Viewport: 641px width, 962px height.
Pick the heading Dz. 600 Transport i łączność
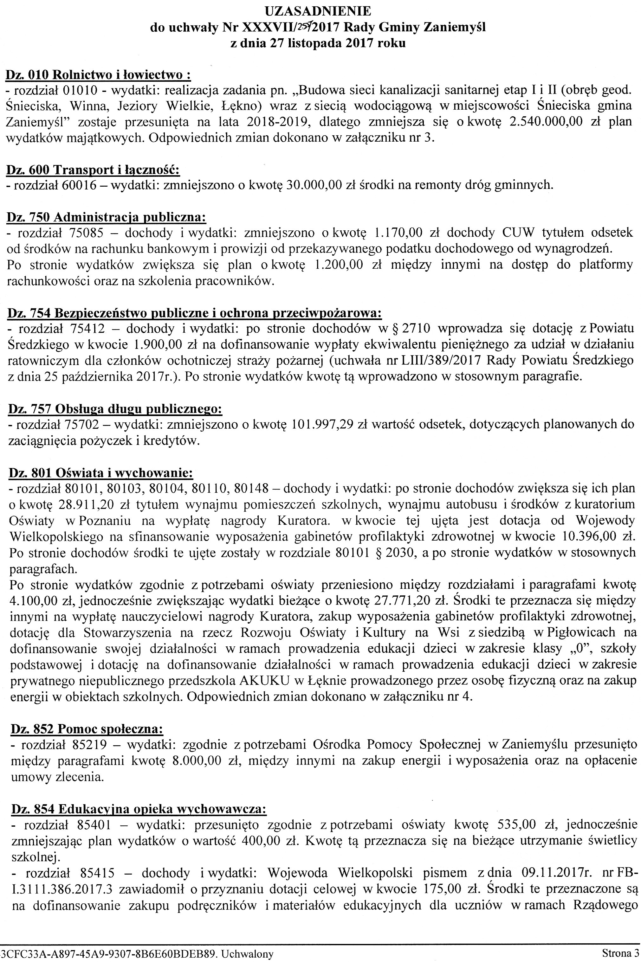point(94,170)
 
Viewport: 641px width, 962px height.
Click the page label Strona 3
point(620,953)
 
